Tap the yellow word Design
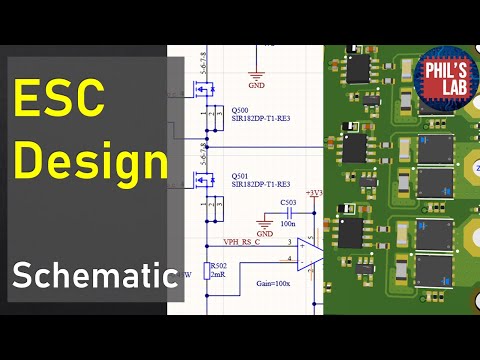(91, 160)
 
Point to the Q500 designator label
(242, 110)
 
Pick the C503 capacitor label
(290, 202)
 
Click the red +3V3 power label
(316, 191)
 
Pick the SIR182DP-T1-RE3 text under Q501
(261, 184)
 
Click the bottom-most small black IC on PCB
(352, 232)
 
